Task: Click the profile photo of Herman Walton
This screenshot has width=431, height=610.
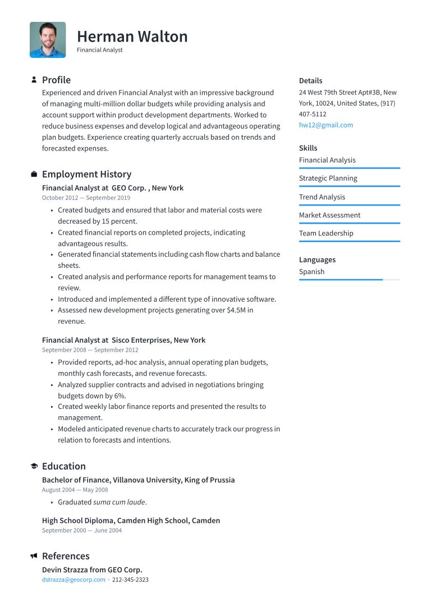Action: tap(48, 40)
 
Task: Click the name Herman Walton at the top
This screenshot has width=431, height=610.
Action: tap(132, 37)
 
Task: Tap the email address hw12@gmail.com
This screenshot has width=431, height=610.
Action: tap(325, 125)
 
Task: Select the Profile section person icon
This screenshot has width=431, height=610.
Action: tap(34, 80)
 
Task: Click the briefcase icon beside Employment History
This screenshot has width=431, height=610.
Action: tap(34, 175)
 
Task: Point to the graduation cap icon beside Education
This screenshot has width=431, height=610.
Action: tap(34, 466)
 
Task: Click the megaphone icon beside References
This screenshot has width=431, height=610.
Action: tap(34, 556)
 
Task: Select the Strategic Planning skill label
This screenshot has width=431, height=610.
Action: tap(328, 179)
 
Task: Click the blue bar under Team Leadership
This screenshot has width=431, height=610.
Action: tap(349, 242)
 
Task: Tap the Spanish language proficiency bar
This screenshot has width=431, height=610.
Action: tap(349, 280)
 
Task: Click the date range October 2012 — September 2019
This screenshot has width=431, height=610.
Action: tap(86, 198)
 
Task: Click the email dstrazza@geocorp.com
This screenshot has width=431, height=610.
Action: tap(74, 580)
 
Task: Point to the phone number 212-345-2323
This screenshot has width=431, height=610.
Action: tap(130, 580)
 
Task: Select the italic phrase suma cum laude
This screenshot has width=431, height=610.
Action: tap(119, 502)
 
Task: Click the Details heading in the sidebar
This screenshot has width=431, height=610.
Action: tap(310, 81)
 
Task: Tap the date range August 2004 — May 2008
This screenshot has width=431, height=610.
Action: tap(75, 490)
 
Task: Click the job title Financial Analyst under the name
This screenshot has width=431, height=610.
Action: tap(99, 50)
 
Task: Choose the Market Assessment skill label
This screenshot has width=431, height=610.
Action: tap(329, 215)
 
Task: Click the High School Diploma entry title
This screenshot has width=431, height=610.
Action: tap(131, 521)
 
